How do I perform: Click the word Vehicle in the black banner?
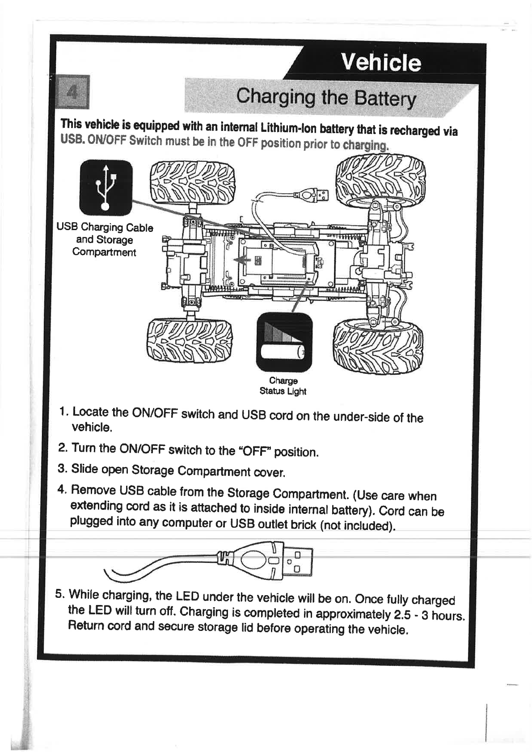380,62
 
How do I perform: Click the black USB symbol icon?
106,187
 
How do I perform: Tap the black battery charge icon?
284,342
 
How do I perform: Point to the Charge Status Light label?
283,386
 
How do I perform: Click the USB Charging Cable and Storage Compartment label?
105,239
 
